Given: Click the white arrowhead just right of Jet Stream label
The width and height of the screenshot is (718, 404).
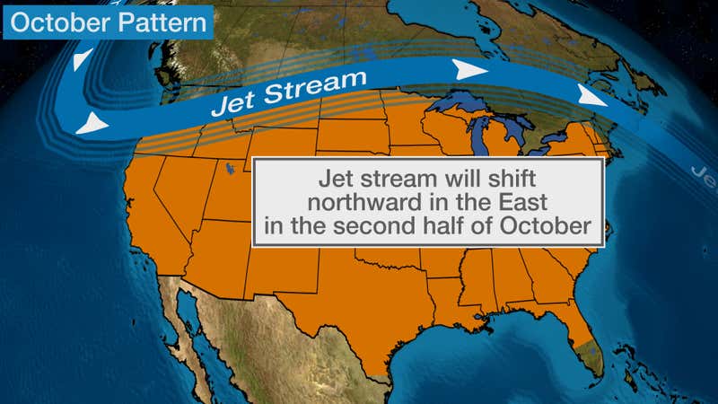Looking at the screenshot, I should tap(468, 69).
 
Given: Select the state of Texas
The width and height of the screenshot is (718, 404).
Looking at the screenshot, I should tap(359, 305).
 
